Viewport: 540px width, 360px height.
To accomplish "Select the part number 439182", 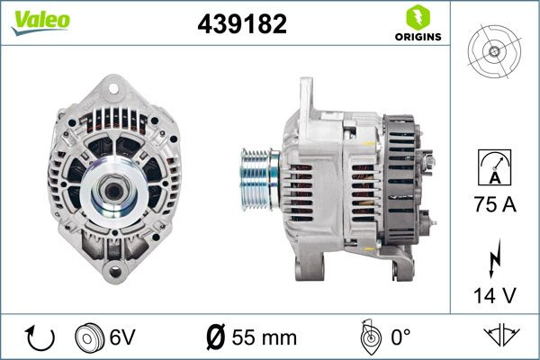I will click(x=241, y=24).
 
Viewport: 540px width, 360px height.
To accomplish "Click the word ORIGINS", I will click(x=417, y=37).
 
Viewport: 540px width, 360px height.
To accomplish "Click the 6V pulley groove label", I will click(x=124, y=337).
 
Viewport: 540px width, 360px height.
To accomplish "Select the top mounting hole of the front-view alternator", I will click(x=112, y=87).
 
